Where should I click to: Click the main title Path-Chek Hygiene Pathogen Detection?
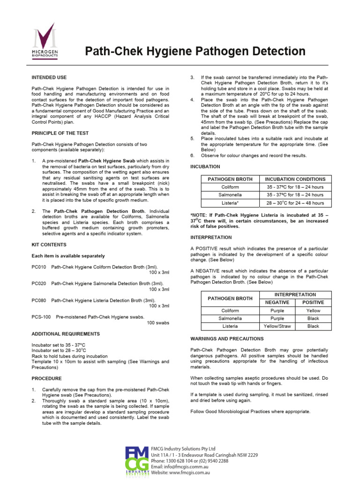[x=195, y=51]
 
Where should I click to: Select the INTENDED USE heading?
[x=49, y=77]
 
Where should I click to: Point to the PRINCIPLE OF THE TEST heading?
[x=60, y=133]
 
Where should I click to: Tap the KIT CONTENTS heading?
[x=49, y=245]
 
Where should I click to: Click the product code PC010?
[x=38, y=267]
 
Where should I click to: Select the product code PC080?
[x=38, y=300]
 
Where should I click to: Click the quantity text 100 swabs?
[x=158, y=323]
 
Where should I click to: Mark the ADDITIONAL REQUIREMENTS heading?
[x=66, y=334]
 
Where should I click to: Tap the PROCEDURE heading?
[x=46, y=378]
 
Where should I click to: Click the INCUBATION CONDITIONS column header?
[x=295, y=179]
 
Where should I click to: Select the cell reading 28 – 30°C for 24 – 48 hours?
[x=295, y=203]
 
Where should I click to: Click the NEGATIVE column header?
[x=277, y=302]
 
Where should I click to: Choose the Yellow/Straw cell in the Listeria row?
[x=277, y=326]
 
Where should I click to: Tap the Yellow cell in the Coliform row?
[x=313, y=310]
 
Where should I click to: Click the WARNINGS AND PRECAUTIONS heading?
[x=227, y=338]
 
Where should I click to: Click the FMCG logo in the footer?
[x=136, y=461]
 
